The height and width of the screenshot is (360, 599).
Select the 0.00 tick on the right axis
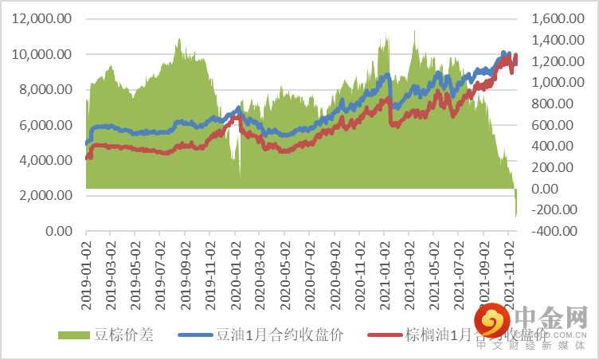point(554,189)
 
